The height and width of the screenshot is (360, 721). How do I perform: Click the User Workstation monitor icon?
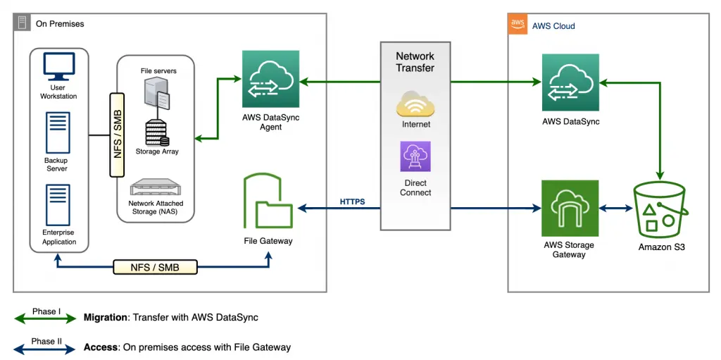[59, 66]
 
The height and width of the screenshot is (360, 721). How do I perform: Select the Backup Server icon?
[58, 132]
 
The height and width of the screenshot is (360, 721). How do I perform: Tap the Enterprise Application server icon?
[58, 205]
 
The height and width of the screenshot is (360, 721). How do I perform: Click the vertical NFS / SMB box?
[118, 135]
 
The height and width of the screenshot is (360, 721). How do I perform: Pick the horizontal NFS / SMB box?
[155, 266]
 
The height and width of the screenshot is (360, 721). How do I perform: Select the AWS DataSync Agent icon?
[271, 79]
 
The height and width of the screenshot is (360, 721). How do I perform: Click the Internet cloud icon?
[415, 104]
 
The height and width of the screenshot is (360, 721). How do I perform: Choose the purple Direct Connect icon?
[415, 156]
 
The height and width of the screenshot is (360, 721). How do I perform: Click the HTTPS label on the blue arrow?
[352, 201]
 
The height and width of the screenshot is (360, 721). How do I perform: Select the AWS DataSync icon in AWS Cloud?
[570, 82]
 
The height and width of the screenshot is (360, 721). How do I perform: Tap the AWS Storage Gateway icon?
[570, 209]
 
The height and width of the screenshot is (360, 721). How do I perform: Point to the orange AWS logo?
[518, 25]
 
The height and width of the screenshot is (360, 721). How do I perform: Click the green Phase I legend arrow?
[45, 318]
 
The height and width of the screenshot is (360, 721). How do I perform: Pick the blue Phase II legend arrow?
[45, 349]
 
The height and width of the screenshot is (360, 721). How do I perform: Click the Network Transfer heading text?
[415, 62]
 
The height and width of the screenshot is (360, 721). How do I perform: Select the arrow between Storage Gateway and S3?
[616, 209]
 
